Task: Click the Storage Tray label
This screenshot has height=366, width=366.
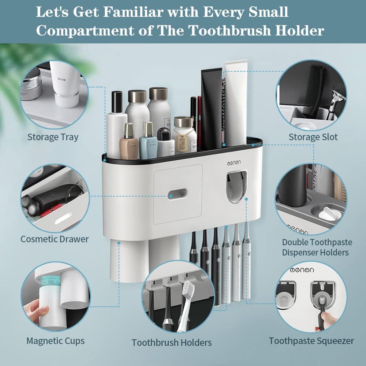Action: click(53, 138)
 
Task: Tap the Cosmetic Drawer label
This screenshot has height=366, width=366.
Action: click(55, 239)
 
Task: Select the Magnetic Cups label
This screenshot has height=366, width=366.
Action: click(55, 341)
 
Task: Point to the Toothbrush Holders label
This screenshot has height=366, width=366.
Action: click(172, 343)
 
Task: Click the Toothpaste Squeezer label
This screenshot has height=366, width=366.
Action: click(311, 341)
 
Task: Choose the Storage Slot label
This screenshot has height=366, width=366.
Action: click(313, 138)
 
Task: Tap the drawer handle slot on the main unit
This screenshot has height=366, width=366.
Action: click(178, 194)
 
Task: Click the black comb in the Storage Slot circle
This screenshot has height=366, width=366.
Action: click(313, 90)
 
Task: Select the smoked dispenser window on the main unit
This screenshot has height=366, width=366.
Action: click(236, 187)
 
